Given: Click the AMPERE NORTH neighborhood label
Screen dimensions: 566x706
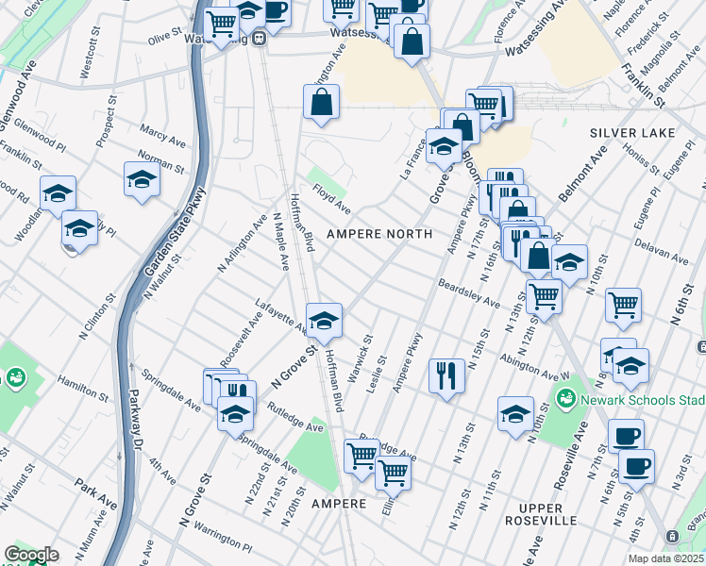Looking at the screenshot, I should (378, 233).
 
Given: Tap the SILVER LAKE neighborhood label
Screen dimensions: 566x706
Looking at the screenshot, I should (632, 133).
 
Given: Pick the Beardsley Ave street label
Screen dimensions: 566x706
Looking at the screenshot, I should (468, 292).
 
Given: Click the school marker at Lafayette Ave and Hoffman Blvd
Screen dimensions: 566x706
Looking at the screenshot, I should (324, 321).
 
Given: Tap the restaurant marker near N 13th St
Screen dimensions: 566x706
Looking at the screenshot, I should (445, 375).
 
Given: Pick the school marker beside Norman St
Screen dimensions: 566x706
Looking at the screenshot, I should (142, 179).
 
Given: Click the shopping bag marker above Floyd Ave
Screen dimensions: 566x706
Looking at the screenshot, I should (321, 101).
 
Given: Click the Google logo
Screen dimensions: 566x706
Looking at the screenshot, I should (31, 555).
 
